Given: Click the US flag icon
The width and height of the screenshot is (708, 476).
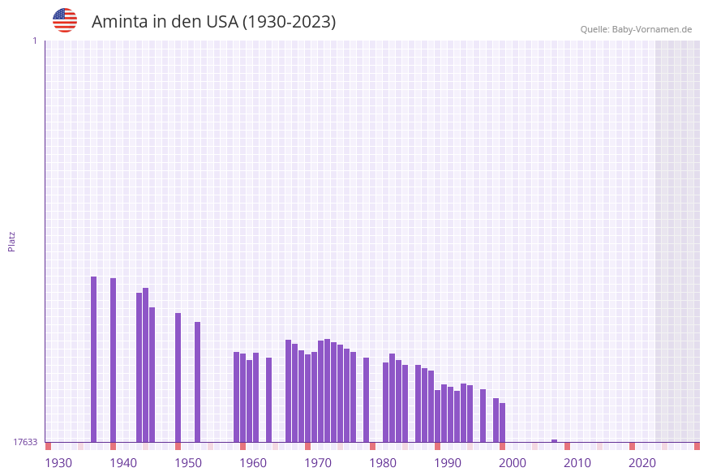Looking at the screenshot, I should (x=65, y=20).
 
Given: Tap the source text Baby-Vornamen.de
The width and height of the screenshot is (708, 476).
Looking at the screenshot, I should (x=651, y=29).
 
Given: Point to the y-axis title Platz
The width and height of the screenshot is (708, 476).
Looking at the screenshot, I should (x=12, y=241).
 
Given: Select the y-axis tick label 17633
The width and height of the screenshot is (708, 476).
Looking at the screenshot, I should (x=24, y=442).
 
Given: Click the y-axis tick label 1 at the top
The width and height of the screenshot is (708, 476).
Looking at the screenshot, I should (x=34, y=41).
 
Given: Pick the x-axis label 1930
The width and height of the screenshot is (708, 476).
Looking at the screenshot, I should (x=58, y=463).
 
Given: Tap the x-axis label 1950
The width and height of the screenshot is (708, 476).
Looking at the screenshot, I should (x=188, y=463).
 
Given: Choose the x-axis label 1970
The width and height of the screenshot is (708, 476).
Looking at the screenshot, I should (x=318, y=463).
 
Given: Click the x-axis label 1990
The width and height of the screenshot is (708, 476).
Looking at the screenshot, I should (x=448, y=463).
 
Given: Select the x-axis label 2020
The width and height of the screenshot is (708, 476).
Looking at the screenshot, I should (x=642, y=463).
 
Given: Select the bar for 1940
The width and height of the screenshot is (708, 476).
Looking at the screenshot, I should (x=114, y=360).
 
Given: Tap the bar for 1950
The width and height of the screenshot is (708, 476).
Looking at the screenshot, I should (x=178, y=377).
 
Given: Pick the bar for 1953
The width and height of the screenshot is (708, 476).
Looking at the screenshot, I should (x=198, y=382).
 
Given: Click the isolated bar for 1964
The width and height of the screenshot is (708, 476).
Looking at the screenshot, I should (x=269, y=400).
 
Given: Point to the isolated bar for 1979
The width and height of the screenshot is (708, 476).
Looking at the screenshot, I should (x=367, y=400).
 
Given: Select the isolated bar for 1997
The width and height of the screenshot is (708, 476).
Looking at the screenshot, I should (x=483, y=415).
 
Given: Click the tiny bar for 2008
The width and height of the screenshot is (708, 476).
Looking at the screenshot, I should (x=555, y=441).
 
